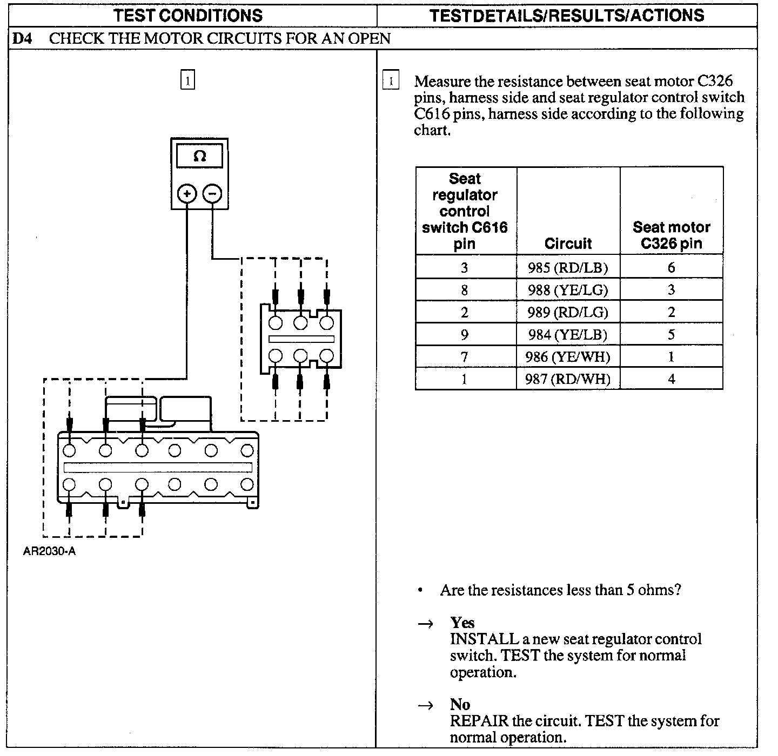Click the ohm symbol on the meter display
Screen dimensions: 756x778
199,157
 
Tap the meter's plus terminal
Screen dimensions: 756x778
187,193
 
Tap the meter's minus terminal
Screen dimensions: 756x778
212,193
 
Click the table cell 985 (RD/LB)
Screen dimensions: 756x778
568,267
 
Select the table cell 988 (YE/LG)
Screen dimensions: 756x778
568,290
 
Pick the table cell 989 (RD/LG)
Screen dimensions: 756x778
568,312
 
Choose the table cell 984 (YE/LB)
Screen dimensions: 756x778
568,335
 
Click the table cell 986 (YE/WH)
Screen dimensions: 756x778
568,357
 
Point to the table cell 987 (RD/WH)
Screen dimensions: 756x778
568,379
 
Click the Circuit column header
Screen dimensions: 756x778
568,244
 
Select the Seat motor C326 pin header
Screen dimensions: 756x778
671,235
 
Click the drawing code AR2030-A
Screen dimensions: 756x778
49,552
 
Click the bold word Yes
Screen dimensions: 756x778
462,623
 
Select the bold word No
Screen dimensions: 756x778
460,704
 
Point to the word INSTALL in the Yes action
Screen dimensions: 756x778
484,639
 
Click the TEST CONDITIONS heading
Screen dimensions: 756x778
188,15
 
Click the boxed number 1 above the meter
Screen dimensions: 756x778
187,80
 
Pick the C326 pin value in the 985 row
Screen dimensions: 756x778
671,267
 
